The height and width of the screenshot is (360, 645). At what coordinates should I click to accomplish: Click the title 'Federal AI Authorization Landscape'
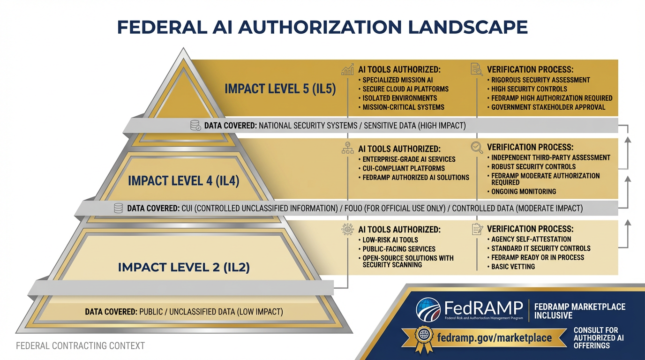322,27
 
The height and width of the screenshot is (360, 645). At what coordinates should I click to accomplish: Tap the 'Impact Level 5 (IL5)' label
280,89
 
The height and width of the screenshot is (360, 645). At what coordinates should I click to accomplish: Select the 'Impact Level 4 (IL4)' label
184,181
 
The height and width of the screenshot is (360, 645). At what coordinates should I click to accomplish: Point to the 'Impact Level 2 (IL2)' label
184,267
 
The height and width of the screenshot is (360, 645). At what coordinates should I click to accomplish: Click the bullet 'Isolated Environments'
399,98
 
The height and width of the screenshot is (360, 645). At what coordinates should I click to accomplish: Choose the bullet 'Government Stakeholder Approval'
548,107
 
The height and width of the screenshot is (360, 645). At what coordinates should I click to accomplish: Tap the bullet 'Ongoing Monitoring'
524,191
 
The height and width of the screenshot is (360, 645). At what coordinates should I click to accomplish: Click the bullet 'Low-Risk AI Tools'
390,240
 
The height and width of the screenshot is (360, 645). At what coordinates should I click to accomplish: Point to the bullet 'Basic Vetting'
513,266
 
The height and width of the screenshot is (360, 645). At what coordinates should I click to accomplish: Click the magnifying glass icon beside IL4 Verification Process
477,148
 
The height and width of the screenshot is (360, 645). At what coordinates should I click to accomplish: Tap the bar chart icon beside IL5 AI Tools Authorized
348,70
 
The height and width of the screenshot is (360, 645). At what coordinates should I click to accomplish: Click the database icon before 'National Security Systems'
195,126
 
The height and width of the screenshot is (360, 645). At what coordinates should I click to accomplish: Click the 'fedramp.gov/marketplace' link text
494,337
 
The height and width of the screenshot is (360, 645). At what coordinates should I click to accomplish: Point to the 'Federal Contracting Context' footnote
80,346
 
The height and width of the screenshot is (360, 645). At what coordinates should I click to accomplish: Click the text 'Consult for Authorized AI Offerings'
595,337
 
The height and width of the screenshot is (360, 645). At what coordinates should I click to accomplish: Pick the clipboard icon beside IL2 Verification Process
477,229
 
